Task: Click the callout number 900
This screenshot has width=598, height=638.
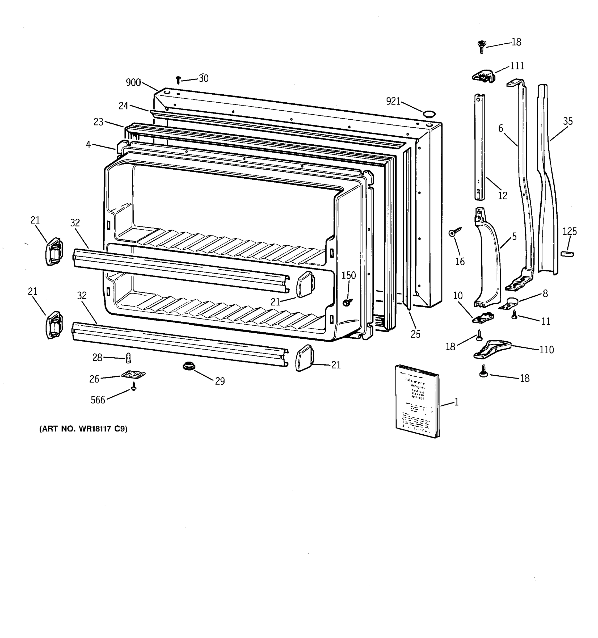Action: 133,83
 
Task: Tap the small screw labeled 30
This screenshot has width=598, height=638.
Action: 179,80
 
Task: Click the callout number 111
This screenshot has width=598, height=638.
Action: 517,66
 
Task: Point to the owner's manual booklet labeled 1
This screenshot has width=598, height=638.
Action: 417,401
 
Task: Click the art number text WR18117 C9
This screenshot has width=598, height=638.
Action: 83,429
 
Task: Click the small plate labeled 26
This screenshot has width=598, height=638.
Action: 133,375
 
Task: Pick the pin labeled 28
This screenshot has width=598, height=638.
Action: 128,358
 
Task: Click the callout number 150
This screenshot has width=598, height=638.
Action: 348,275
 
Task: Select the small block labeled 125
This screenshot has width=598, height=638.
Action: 567,254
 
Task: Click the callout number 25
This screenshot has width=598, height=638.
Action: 415,334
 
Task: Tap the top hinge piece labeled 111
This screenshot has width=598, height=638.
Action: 483,76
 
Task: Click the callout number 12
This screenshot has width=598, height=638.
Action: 502,195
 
